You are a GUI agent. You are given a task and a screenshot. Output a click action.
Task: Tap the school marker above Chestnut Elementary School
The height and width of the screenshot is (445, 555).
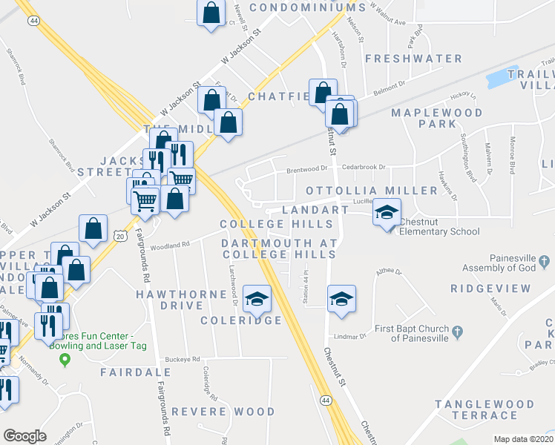[387, 213]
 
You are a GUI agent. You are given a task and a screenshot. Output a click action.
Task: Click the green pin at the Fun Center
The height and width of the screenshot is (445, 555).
[65, 361]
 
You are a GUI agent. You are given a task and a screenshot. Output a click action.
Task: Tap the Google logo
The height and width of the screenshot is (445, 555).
[24, 436]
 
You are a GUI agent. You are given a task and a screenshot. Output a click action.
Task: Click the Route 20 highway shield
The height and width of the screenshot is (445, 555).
[120, 234]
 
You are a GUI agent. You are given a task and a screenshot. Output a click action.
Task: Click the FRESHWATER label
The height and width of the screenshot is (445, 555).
[413, 59]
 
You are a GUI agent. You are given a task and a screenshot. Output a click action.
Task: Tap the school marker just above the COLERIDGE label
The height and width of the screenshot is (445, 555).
[257, 299]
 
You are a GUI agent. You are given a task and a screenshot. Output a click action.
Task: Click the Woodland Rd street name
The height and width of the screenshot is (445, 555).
[171, 243]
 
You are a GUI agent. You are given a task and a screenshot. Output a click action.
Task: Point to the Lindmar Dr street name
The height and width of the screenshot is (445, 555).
[352, 336]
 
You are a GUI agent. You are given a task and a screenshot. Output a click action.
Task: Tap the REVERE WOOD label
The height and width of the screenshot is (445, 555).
[223, 411]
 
